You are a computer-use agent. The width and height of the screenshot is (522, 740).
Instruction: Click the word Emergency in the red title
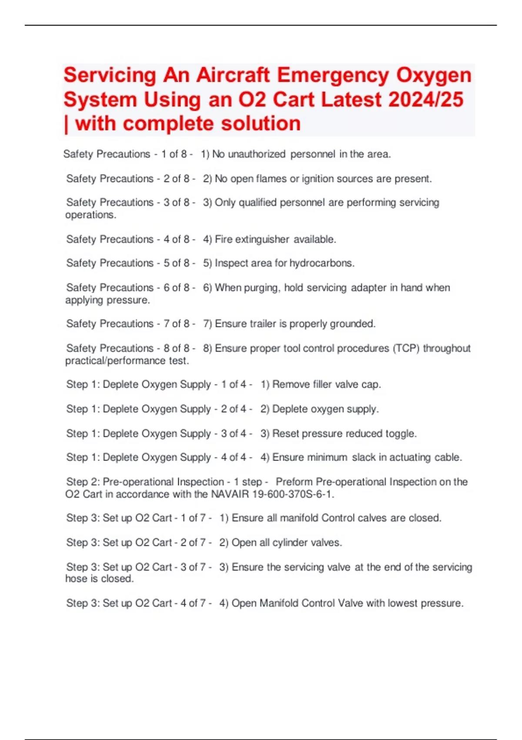(x=333, y=75)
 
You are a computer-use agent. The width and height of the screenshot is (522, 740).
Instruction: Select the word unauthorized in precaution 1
(x=257, y=154)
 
